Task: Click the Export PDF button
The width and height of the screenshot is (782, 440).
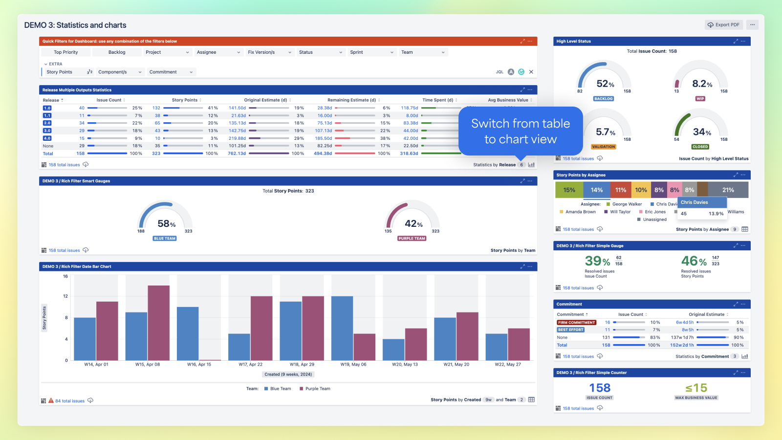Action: pos(724,25)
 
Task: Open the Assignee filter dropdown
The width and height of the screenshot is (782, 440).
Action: pos(218,52)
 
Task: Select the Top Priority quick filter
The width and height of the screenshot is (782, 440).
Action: pos(65,52)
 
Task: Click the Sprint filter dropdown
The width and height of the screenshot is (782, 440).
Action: pos(371,52)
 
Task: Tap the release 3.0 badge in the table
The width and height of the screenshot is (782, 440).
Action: pos(47,131)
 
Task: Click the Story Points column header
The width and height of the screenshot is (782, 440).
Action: pos(185,100)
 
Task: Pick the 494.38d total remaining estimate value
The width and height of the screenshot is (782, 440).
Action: pos(323,154)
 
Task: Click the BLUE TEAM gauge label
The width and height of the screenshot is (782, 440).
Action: pos(165,239)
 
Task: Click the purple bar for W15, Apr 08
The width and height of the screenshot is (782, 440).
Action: pos(158,323)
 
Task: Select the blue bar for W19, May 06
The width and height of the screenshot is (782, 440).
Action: pos(342,328)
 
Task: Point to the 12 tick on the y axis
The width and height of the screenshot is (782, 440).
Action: pos(65,296)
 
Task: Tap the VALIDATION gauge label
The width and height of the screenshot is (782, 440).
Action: pos(604,147)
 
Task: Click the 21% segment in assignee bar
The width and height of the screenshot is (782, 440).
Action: pos(728,190)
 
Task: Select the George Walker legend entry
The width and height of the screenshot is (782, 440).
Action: pos(627,204)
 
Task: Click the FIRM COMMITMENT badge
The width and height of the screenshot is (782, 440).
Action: pos(577,323)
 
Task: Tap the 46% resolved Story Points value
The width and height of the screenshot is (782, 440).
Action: pos(694,261)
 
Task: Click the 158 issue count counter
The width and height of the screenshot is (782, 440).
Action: pos(600,388)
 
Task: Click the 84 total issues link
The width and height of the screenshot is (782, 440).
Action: pos(69,401)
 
